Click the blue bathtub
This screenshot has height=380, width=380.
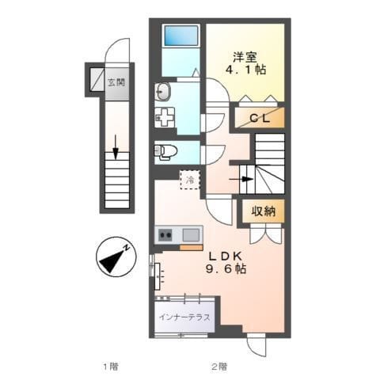tap(181, 36)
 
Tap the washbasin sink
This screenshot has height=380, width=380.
tap(162, 92)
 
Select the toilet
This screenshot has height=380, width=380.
tap(165, 152)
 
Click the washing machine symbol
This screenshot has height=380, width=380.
tap(165, 117)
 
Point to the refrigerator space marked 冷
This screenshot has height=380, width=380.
tap(190, 180)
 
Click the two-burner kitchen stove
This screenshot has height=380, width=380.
tap(165, 234)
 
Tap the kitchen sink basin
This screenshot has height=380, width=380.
tap(191, 235)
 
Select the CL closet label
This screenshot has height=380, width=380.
tap(260, 118)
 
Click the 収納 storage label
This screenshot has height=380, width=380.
tap(264, 211)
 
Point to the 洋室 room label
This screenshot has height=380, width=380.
tap(245, 57)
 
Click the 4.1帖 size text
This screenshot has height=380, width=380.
tap(245, 70)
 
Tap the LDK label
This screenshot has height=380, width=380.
tap(226, 256)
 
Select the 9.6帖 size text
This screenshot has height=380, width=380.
tap(226, 269)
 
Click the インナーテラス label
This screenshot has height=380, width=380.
tap(184, 317)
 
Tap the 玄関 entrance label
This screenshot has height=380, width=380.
tap(116, 82)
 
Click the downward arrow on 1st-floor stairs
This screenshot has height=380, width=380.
tap(116, 147)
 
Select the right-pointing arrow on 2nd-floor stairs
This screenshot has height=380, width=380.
tap(241, 179)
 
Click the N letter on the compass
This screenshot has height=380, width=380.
tap(127, 248)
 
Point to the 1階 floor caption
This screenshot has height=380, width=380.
tap(111, 366)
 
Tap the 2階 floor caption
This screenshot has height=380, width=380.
tap(219, 366)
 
